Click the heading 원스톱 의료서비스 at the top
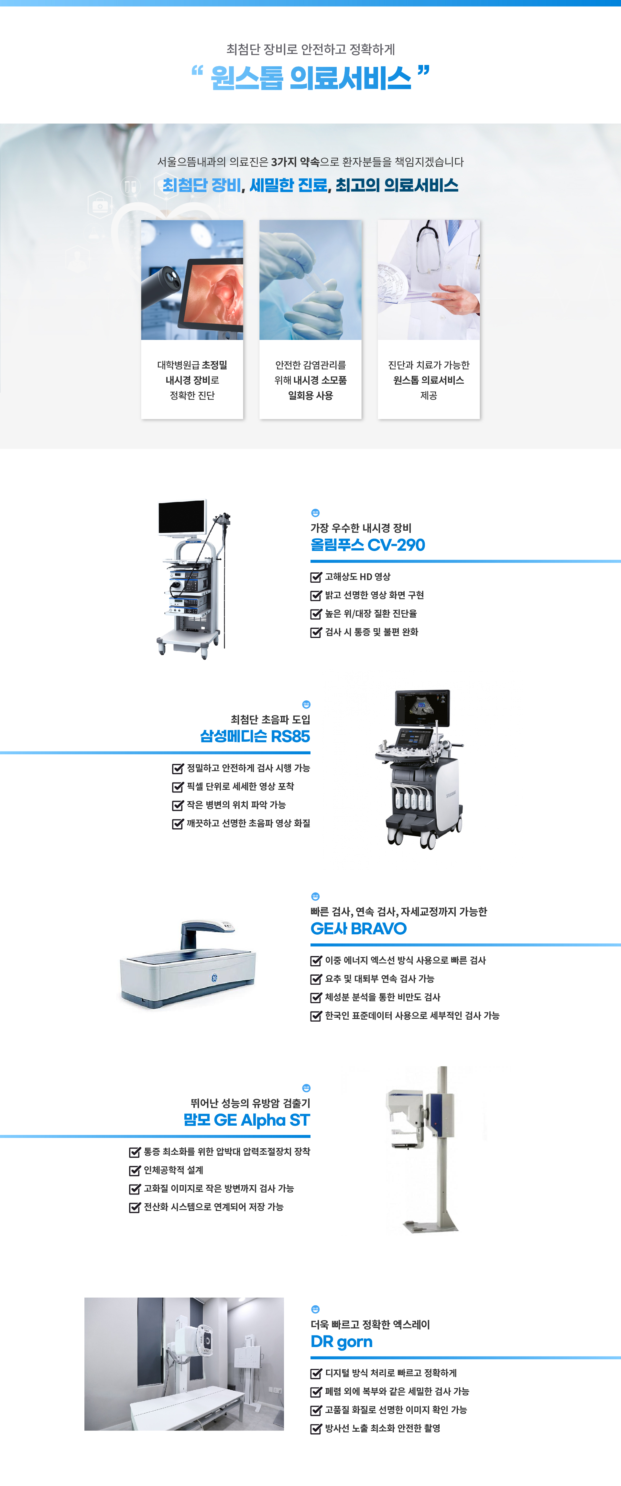[x=310, y=78]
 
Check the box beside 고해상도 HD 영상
[x=316, y=577]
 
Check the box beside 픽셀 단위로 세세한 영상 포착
[x=178, y=787]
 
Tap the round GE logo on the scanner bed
[x=213, y=978]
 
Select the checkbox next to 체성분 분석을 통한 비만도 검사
[x=316, y=997]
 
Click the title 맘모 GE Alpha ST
[x=247, y=1120]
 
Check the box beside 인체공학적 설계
[x=135, y=1171]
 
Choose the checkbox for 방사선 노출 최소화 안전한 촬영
[x=316, y=1429]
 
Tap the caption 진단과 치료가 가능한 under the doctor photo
[x=429, y=365]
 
